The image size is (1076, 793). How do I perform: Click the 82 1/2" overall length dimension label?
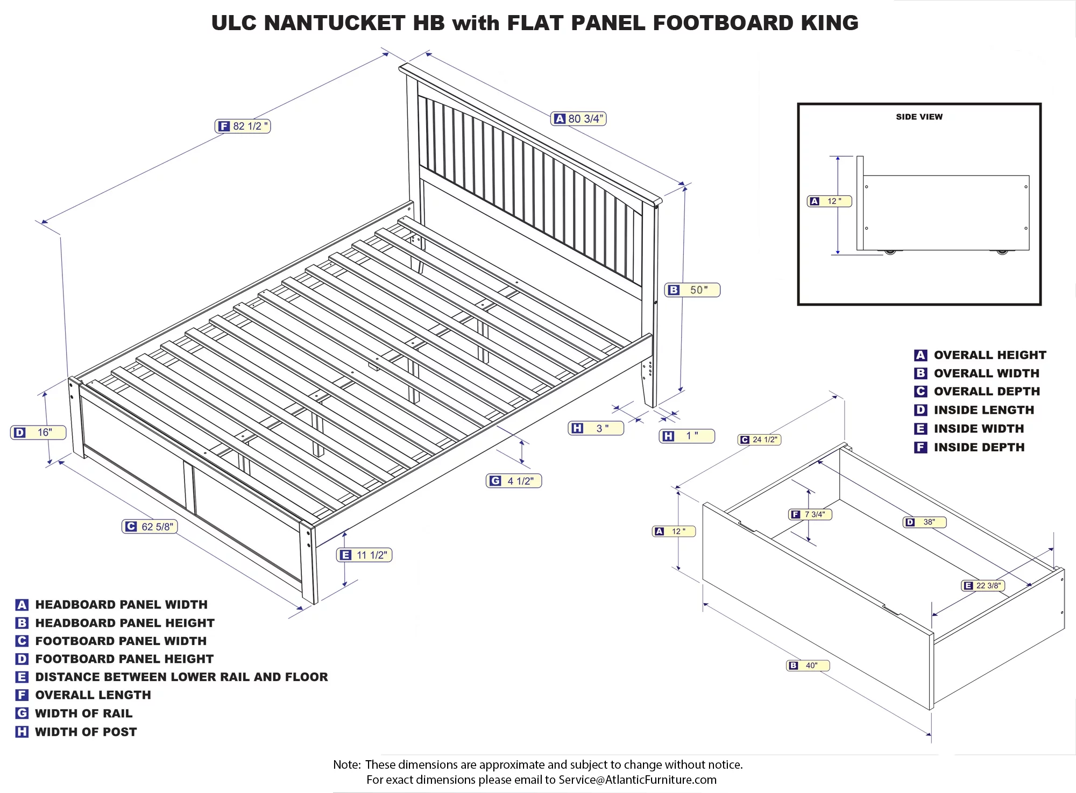tap(243, 126)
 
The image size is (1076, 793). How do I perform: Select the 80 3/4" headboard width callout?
tap(579, 119)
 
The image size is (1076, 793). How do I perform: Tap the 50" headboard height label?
tap(692, 290)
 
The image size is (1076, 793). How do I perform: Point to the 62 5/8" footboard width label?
tap(150, 527)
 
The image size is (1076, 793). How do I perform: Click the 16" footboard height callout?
tap(38, 433)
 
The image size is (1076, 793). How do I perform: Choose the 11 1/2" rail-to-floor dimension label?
tap(365, 555)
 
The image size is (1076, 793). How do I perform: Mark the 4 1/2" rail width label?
tap(514, 481)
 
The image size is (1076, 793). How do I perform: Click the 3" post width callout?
tap(596, 428)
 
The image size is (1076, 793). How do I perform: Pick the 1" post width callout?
tap(687, 436)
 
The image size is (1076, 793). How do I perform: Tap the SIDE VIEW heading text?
tap(919, 117)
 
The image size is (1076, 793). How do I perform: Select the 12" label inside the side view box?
tap(830, 201)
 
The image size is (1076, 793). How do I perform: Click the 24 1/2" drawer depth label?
tap(760, 440)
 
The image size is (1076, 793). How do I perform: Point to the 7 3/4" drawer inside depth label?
tap(810, 514)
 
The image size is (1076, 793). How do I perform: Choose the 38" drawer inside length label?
tap(925, 522)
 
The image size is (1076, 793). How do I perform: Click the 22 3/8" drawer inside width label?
tap(983, 585)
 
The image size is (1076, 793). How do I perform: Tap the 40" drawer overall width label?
tap(808, 665)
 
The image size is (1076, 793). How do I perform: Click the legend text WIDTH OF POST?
tap(86, 732)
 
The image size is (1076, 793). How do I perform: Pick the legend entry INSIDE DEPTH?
tap(979, 447)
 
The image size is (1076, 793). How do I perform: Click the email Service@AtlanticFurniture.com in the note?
tap(637, 780)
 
